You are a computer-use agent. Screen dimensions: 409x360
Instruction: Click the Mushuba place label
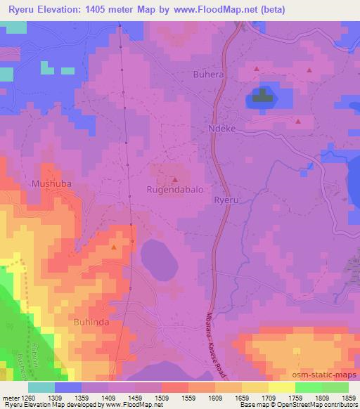coord(51,184)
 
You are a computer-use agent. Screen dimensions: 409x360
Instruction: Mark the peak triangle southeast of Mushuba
coord(114,247)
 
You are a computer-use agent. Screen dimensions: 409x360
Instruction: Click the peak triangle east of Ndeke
coord(298,121)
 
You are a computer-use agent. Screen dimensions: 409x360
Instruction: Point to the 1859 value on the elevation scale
coord(347,397)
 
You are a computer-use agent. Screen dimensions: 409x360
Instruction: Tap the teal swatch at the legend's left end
coord(41,387)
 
